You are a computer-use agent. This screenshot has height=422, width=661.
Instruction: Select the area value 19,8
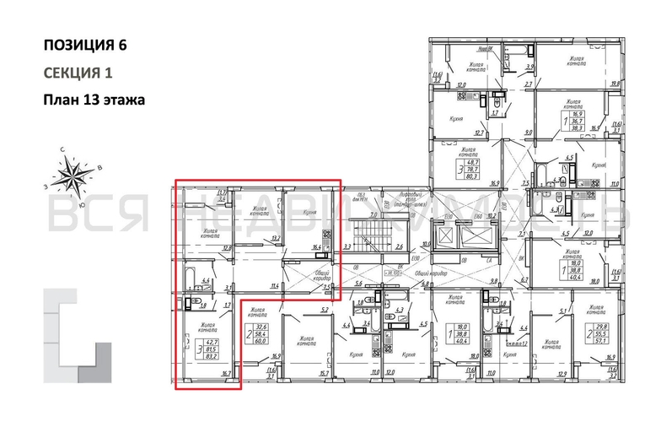click(614, 84)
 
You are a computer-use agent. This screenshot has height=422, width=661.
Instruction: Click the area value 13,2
click(275, 238)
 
